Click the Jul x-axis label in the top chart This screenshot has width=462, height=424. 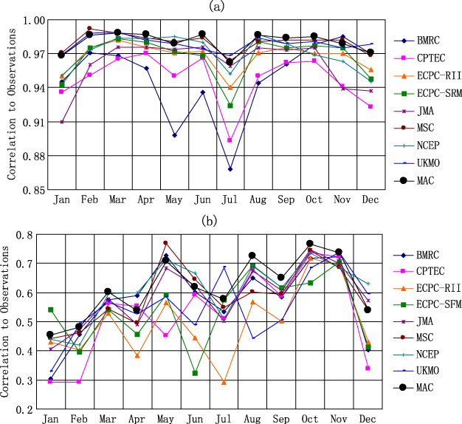point(230,200)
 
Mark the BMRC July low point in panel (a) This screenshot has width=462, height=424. point(230,169)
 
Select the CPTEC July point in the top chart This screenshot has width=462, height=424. point(230,140)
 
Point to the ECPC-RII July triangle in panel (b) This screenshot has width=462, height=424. point(224,382)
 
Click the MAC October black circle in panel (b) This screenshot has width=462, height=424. point(310,244)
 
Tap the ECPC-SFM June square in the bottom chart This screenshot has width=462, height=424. point(196,373)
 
